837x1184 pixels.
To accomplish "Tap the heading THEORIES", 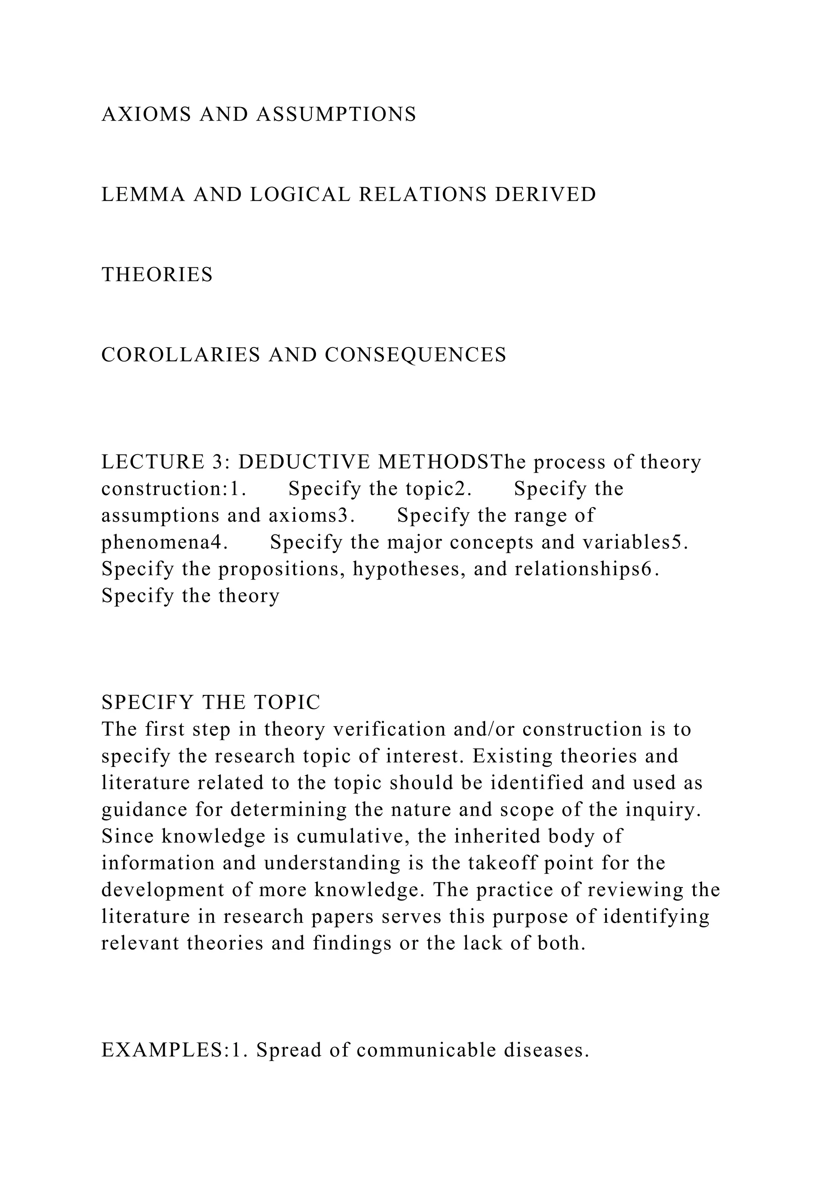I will tap(157, 275).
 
